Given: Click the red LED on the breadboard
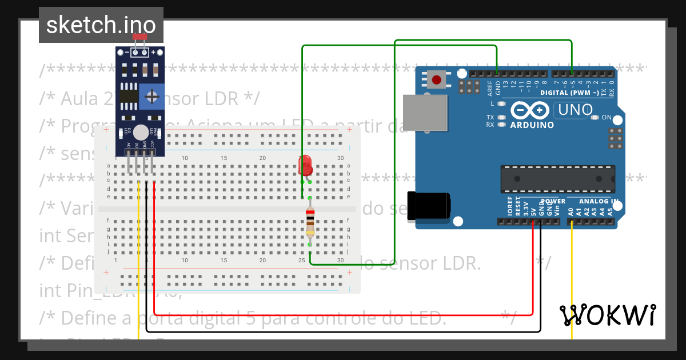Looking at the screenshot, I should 306,165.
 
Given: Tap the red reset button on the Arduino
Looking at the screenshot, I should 437,79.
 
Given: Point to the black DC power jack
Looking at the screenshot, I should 429,206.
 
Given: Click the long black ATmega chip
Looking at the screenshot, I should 558,179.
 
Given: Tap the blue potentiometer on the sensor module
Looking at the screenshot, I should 151,95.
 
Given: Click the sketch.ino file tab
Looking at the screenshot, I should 101,25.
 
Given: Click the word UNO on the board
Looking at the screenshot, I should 575,109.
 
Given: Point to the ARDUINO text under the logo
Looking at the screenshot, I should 532,125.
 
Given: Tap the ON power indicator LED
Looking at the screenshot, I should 595,118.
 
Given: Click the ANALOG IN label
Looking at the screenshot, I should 598,201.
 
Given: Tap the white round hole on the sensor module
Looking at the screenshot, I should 140,132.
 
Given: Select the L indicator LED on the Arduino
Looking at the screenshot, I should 501,104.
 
